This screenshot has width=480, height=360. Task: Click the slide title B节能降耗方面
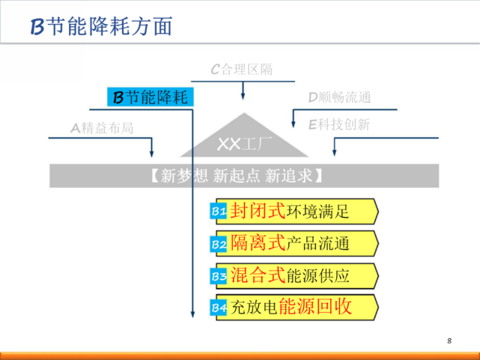[101, 26]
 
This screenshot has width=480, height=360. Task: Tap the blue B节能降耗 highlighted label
[151, 97]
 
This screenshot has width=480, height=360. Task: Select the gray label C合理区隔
[242, 70]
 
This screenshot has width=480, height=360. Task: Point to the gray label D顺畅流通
[339, 97]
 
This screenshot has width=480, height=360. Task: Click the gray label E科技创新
[339, 124]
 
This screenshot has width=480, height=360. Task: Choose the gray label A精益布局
[102, 128]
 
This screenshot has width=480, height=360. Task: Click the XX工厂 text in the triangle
[244, 144]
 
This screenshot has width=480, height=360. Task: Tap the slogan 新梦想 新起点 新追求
[237, 176]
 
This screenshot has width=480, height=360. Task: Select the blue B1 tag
[218, 211]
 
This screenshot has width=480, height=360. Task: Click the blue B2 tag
[218, 244]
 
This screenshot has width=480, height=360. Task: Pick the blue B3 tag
[218, 276]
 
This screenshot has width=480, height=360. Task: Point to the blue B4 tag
[218, 308]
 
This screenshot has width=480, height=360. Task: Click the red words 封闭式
[258, 210]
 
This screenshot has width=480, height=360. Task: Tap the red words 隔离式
[258, 242]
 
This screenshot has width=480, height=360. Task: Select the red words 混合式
[258, 275]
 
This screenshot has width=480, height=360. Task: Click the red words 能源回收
[315, 306]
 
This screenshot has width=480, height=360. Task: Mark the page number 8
[449, 341]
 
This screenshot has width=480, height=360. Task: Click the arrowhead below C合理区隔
[243, 96]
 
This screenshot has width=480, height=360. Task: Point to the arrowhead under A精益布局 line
[151, 153]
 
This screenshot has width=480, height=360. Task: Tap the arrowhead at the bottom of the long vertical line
[192, 314]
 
